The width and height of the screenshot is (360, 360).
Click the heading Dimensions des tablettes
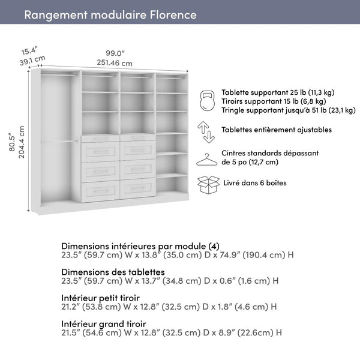(x=113, y=272)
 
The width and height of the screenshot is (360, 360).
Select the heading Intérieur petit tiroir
(x=101, y=297)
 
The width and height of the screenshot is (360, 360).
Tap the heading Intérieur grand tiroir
(x=103, y=323)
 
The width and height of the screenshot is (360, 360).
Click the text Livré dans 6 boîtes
(x=254, y=182)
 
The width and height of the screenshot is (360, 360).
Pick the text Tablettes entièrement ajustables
(x=277, y=130)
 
